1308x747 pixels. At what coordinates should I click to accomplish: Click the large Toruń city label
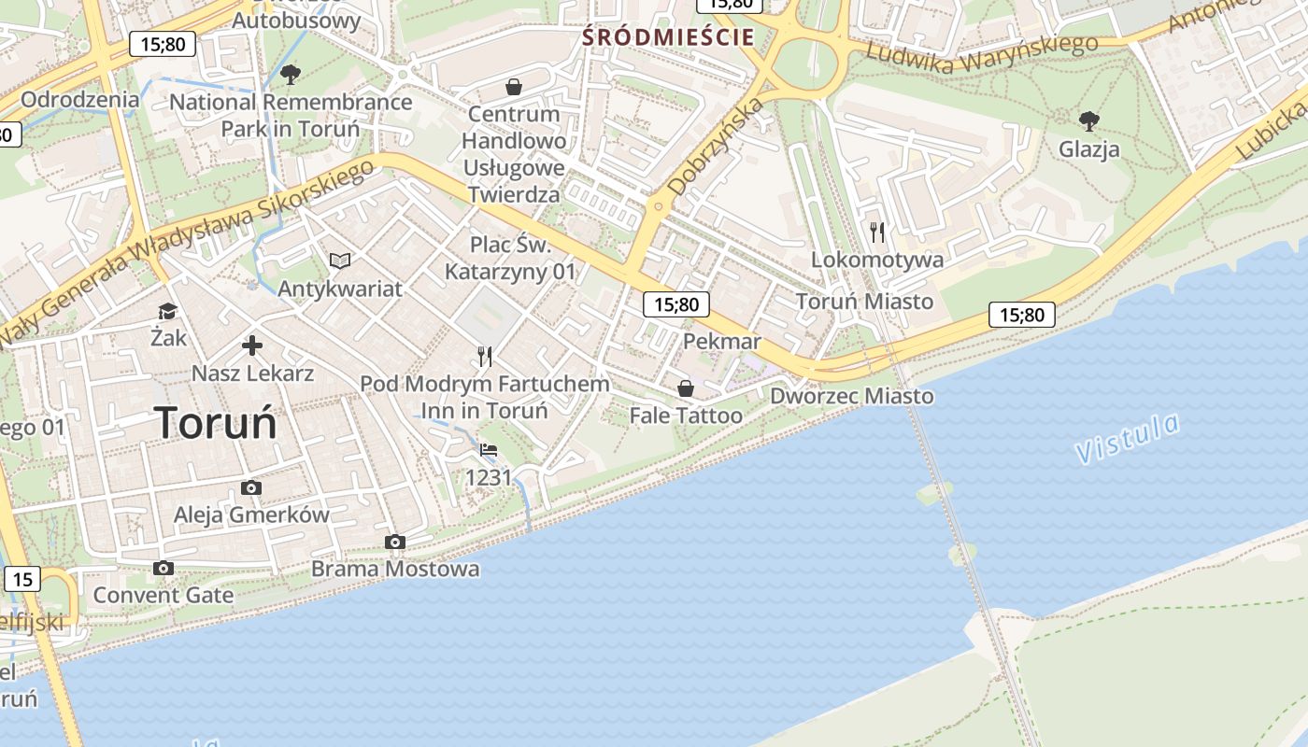click(216, 423)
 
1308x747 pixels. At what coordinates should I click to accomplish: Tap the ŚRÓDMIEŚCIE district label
click(668, 37)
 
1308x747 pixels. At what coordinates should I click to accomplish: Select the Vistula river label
click(1127, 439)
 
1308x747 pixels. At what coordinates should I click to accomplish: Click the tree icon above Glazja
click(1088, 120)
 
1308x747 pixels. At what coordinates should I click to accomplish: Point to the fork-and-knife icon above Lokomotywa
click(876, 232)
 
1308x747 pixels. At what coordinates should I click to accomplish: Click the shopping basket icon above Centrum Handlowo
click(513, 87)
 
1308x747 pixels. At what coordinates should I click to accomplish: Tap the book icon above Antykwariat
click(340, 261)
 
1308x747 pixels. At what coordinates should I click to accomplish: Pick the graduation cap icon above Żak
click(168, 311)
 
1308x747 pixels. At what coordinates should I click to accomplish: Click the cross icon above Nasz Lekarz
click(252, 345)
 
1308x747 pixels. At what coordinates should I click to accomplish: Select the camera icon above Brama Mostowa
click(395, 542)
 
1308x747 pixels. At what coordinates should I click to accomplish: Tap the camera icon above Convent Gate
click(163, 568)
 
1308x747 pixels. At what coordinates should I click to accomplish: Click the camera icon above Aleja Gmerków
click(251, 487)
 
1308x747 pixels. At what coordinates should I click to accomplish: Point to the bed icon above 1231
click(489, 450)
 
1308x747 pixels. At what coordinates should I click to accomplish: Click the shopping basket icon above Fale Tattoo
click(686, 388)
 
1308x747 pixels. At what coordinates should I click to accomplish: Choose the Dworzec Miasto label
click(851, 396)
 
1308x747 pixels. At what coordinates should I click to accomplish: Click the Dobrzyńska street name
click(717, 147)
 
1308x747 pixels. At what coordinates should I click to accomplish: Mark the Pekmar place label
click(722, 341)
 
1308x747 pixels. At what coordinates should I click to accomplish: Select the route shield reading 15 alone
click(23, 579)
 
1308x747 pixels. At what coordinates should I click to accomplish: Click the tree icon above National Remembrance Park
click(291, 74)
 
